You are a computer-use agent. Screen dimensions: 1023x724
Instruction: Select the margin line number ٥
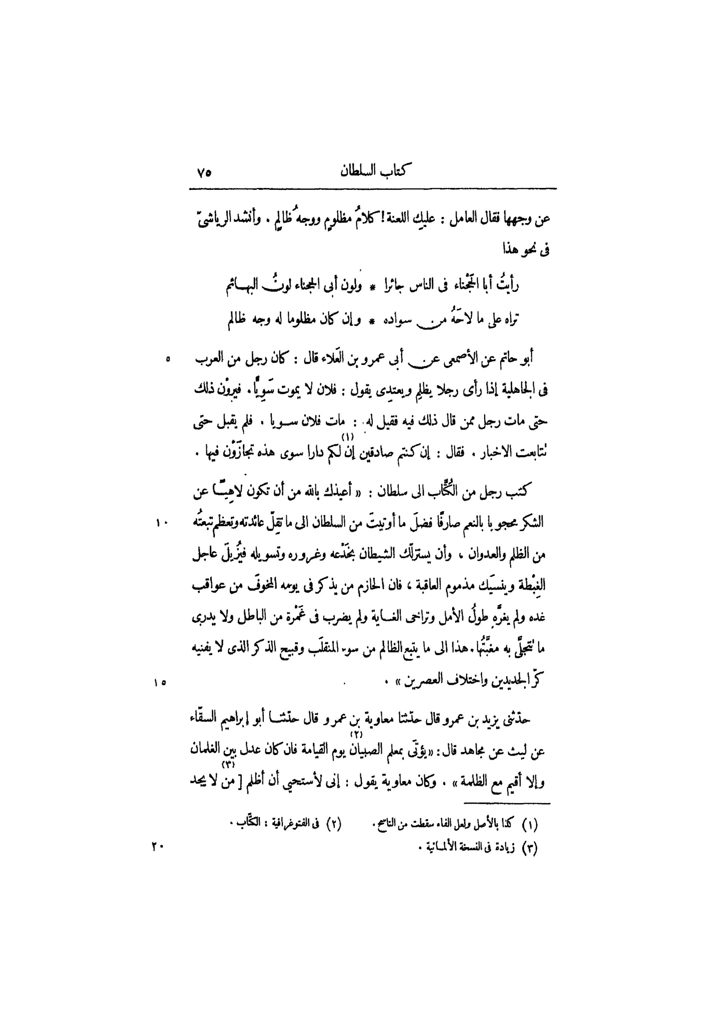click(x=168, y=358)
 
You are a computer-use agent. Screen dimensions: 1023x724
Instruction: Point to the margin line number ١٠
click(x=162, y=523)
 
